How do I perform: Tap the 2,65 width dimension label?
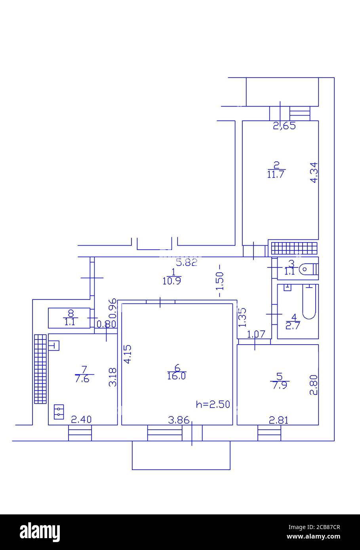pos(284,127)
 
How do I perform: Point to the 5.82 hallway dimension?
pos(187,263)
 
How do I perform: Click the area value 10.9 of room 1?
pos(172,281)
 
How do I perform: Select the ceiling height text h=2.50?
pos(213,404)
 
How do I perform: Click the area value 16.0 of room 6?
pos(177,376)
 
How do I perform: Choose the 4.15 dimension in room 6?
pos(127,355)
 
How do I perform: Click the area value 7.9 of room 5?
pos(280,385)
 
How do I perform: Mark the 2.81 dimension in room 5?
pos(278,420)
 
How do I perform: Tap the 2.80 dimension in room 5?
pos(314,385)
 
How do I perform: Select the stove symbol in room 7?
pos(59,411)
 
